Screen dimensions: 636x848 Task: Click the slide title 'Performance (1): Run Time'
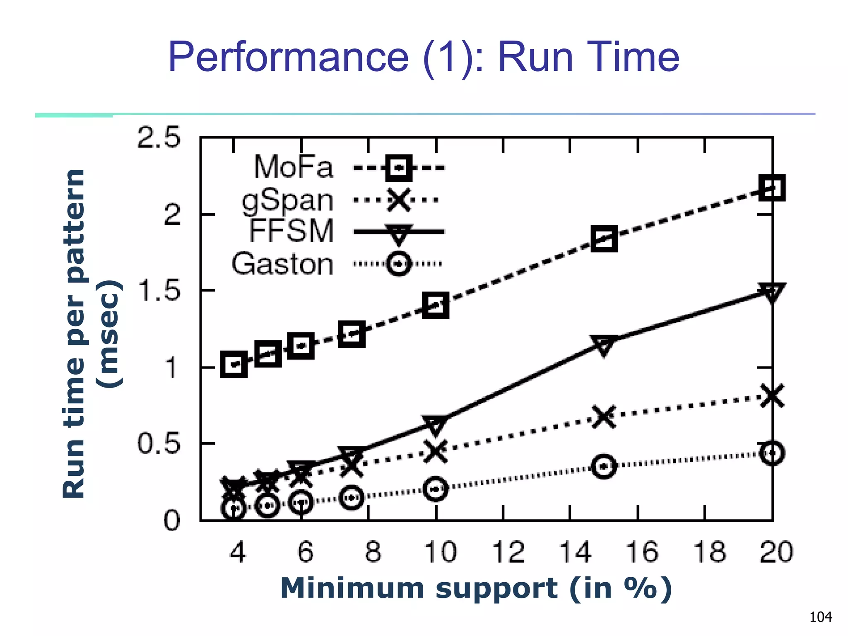[x=423, y=57]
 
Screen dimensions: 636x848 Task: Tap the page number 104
[x=820, y=617]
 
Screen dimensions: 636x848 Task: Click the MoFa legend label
[x=293, y=167]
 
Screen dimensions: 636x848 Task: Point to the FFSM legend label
[x=291, y=231]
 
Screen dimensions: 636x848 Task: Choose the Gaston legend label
[x=282, y=264]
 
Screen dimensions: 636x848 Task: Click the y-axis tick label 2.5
[x=159, y=137]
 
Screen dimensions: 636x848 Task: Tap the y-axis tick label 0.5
[x=159, y=444]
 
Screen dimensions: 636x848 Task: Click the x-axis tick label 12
[x=508, y=552]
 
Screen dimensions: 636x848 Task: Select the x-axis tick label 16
[x=642, y=552]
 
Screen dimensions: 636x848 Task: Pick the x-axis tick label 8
[x=373, y=552]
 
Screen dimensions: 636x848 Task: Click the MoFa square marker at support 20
[x=772, y=188]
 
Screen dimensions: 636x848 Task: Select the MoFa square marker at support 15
[x=604, y=238]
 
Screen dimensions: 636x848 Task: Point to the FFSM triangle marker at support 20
[x=772, y=292]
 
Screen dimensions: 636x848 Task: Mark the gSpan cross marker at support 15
[x=604, y=416]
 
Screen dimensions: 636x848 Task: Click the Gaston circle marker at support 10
[x=436, y=489]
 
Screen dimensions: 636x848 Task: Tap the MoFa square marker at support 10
[x=436, y=305]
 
